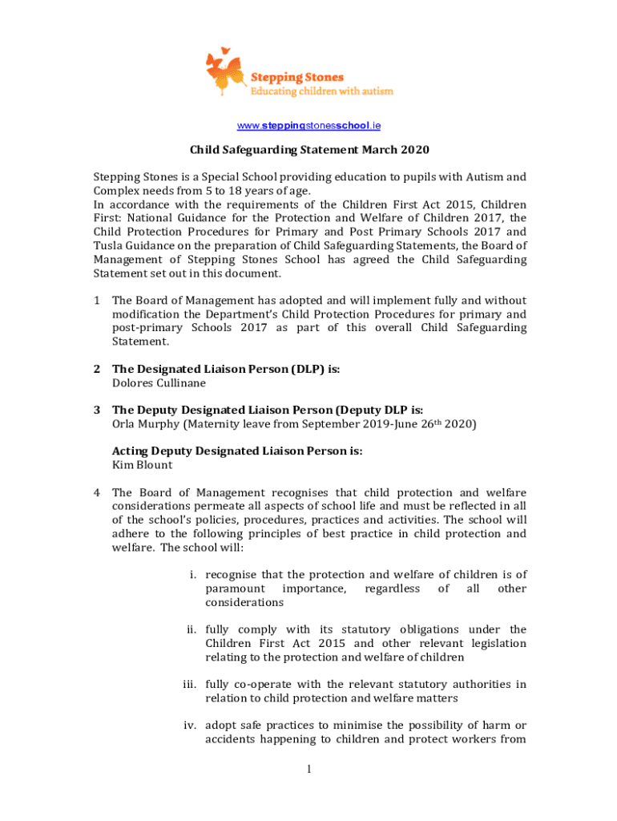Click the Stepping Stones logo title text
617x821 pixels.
coord(298,77)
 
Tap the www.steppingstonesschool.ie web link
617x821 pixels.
coord(308,126)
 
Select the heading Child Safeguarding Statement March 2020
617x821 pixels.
coord(309,150)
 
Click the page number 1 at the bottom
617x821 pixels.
coord(308,770)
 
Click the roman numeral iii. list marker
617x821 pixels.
coord(190,684)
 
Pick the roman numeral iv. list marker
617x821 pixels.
coord(190,726)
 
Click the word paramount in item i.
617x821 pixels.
coord(236,588)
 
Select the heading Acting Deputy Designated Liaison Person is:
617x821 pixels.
coord(237,451)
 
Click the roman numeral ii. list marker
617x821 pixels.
coord(192,629)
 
